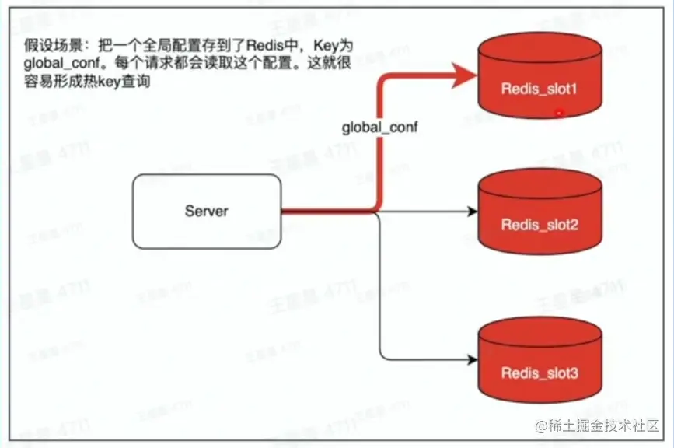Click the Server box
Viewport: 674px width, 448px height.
[x=206, y=210]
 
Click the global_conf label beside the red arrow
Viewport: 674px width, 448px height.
[x=380, y=126]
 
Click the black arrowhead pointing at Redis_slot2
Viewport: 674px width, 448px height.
[x=470, y=211]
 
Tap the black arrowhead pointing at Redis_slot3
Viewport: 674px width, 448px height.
[x=470, y=359]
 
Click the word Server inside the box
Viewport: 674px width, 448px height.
[x=206, y=211]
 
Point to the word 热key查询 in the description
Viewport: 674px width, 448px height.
[x=117, y=82]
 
